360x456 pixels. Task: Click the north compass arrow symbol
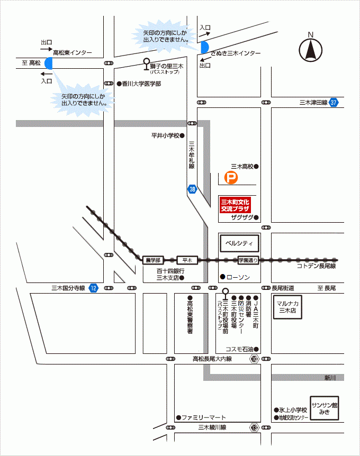[x=311, y=50]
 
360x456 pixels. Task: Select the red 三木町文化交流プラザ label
[x=235, y=205]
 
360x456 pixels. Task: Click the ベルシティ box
[x=239, y=243]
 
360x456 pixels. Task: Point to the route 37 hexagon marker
[x=333, y=103]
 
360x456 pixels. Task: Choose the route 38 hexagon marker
[x=192, y=189]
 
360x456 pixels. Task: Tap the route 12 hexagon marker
[x=94, y=288]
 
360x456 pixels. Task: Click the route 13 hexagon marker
[x=255, y=427]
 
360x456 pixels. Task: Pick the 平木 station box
[x=186, y=260]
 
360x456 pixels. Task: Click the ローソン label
[x=237, y=277]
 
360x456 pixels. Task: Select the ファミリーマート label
[x=204, y=417]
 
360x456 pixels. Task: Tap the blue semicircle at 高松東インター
[x=49, y=63]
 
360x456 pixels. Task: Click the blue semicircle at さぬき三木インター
[x=204, y=47]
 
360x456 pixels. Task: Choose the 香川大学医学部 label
[x=141, y=84]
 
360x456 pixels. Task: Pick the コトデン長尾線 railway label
[x=317, y=266]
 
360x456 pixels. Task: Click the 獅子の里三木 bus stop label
[x=164, y=66]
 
